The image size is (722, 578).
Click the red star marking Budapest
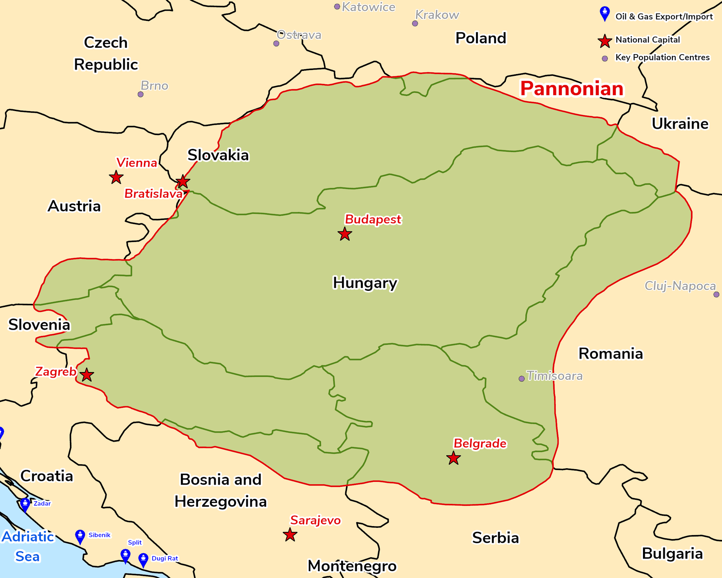tap(345, 234)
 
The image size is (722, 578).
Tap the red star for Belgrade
tap(454, 458)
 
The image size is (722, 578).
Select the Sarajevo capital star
tap(290, 535)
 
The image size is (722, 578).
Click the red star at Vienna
tap(116, 177)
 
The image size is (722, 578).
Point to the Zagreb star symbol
tap(87, 375)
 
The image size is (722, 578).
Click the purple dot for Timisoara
tap(522, 378)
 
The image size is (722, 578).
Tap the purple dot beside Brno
tap(141, 94)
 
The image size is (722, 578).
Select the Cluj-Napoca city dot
tap(716, 294)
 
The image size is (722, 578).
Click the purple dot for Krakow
tap(415, 23)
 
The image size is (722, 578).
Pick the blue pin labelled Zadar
tap(25, 504)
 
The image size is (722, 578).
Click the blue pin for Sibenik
tap(80, 536)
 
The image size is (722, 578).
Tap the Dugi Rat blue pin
tap(143, 559)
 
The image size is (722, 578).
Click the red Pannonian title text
tap(572, 89)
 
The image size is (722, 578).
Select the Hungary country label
tap(365, 283)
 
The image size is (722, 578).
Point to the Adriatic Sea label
tap(28, 546)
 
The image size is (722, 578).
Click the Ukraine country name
tap(680, 124)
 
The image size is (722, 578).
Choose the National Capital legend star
tap(605, 41)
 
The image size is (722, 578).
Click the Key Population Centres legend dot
tap(605, 58)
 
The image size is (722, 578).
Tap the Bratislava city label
tap(153, 194)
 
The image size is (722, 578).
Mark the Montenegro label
tap(352, 566)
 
